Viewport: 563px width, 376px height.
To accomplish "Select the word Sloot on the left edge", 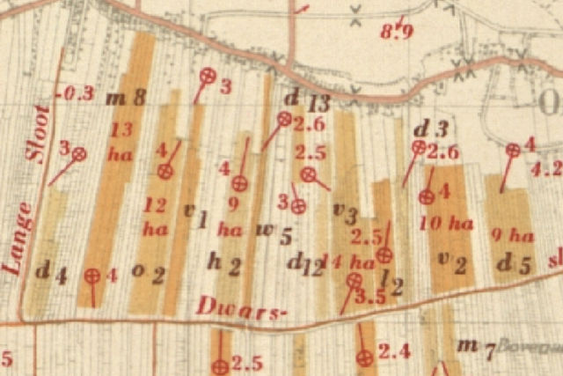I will click(40, 134).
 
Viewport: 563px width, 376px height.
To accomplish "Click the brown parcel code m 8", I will click(126, 96).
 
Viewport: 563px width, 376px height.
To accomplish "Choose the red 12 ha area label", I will click(156, 217).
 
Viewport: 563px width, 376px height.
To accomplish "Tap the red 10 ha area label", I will click(446, 223).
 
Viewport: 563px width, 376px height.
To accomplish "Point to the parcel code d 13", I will click(307, 100).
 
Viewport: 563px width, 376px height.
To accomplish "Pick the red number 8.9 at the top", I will click(397, 33).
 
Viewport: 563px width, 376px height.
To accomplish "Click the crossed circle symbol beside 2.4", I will click(363, 358).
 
